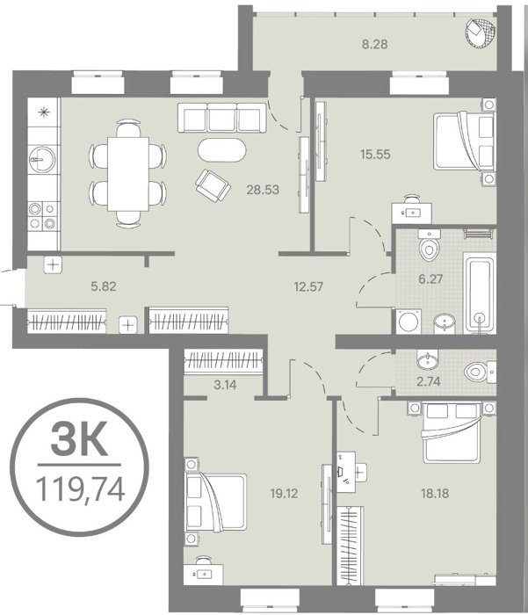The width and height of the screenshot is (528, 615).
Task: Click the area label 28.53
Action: (263, 190)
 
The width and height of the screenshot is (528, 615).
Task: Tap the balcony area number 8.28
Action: (374, 44)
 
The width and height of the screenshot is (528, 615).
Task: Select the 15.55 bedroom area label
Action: (375, 154)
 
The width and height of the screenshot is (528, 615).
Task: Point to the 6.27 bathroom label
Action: (430, 279)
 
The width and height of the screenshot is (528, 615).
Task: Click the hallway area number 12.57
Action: (308, 286)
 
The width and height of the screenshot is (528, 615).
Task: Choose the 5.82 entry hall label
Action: (104, 286)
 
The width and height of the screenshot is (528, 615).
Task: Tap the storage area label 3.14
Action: (225, 385)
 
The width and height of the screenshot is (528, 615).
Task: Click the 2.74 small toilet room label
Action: (429, 381)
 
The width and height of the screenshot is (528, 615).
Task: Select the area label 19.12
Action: (284, 494)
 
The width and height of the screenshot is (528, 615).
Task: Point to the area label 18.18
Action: (435, 493)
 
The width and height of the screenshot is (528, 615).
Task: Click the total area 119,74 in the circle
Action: (80, 489)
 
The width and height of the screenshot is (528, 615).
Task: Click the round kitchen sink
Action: (42, 160)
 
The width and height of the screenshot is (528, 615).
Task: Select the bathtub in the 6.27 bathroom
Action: (480, 293)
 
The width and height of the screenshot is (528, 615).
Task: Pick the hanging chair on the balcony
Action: (481, 33)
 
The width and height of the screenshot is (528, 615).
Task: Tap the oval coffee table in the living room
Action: (222, 149)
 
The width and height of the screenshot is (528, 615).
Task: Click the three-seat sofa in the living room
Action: (222, 118)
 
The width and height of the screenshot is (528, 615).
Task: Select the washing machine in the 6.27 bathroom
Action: (409, 322)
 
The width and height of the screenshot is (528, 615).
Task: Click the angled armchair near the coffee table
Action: (213, 186)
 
